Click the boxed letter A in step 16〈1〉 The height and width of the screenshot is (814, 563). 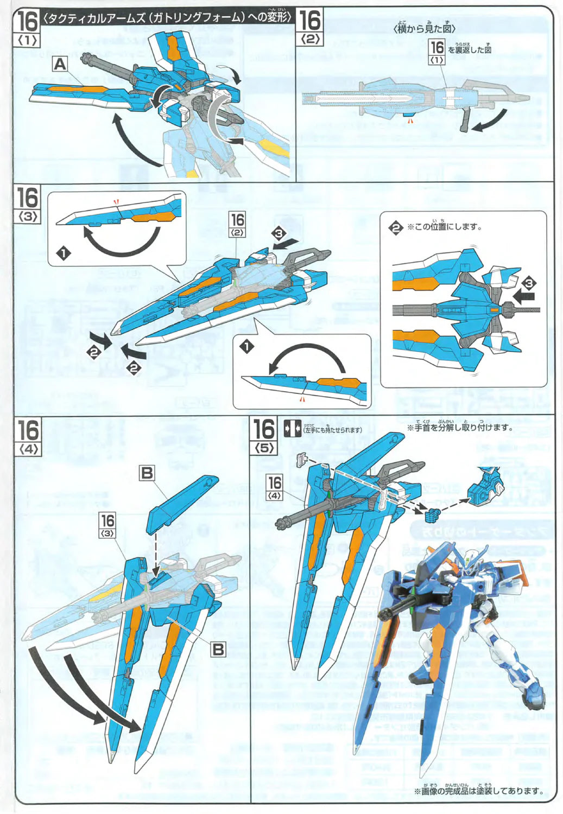click(x=60, y=65)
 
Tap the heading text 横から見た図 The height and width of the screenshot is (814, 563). click(x=423, y=28)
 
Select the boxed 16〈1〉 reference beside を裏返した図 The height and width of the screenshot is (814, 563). click(x=437, y=51)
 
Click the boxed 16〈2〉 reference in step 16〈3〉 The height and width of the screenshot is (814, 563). click(x=237, y=224)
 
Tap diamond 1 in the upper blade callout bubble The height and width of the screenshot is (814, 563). click(x=64, y=253)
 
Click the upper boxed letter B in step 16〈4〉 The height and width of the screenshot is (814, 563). click(x=147, y=473)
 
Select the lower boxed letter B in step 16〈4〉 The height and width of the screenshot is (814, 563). click(x=218, y=649)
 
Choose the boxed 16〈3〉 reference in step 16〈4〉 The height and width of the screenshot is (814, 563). click(x=107, y=524)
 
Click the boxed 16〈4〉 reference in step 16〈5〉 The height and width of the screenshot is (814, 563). click(x=275, y=486)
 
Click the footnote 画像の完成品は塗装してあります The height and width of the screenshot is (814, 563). click(x=478, y=791)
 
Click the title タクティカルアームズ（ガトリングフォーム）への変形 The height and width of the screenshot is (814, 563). click(x=167, y=17)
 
